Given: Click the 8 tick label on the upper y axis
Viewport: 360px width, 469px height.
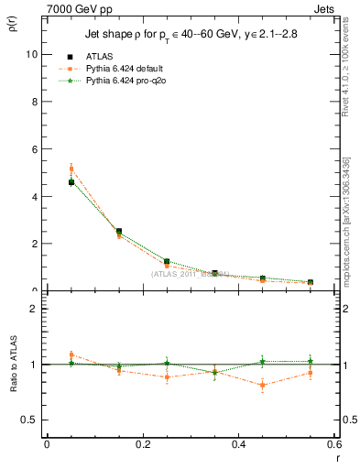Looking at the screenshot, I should (33, 102).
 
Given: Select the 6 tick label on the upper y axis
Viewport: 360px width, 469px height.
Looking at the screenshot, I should (33, 148).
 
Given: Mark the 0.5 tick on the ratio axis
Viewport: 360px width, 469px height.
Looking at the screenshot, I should (29, 420).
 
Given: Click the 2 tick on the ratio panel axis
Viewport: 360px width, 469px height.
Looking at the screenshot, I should (33, 309).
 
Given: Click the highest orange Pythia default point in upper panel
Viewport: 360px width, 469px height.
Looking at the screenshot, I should (71, 169).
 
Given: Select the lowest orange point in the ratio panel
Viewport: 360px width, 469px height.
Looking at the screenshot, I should (263, 385).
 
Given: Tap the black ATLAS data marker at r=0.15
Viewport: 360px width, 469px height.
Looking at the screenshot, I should (119, 232).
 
